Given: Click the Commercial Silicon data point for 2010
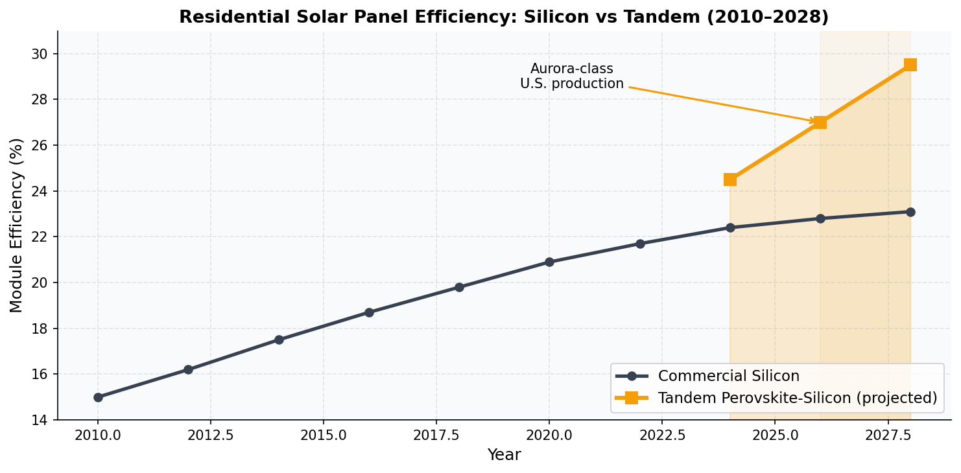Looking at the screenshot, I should [98, 397].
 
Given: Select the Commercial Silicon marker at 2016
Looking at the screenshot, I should [369, 312].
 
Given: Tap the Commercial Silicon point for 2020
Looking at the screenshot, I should [549, 262].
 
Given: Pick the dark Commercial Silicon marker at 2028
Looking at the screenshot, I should [910, 212].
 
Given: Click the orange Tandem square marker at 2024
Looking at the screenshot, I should [730, 179].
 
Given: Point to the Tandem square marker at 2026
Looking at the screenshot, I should [820, 122].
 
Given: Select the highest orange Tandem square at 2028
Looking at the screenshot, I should [910, 65].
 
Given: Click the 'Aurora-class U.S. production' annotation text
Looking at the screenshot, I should [571, 76].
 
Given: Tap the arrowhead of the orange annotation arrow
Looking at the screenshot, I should [813, 121].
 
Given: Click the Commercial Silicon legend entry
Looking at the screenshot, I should [728, 376].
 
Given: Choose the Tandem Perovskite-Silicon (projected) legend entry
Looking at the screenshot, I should [797, 398].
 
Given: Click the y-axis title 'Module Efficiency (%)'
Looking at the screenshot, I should [17, 225].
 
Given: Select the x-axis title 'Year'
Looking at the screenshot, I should [504, 456].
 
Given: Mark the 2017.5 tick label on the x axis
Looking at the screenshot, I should [436, 434].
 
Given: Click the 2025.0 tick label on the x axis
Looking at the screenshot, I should [775, 434].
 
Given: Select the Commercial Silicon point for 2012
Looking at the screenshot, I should [188, 369].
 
